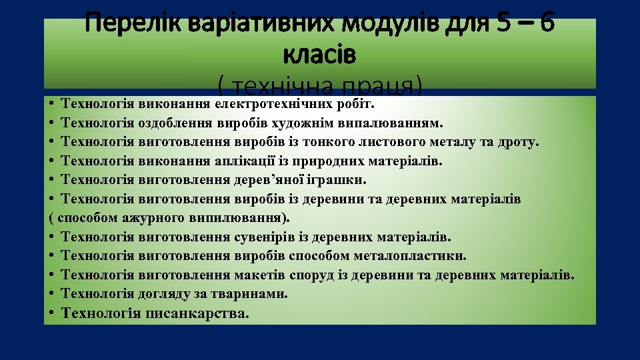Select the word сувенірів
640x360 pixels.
[263, 237]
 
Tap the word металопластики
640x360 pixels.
[420, 256]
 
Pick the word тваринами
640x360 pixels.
[255, 293]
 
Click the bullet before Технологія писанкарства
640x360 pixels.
[51, 313]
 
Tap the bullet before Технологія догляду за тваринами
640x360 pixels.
[51, 293]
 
